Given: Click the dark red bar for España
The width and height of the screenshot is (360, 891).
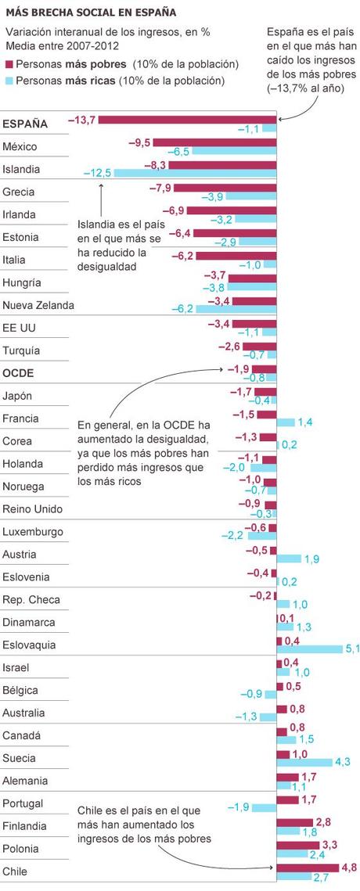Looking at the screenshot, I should [187, 120].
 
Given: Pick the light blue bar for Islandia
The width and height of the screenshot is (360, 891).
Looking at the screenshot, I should [196, 173].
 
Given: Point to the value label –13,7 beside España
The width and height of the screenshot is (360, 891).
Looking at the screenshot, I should [81, 119].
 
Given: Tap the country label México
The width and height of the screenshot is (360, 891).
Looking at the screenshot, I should [20, 146].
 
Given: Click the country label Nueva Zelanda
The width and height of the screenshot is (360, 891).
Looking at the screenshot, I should [38, 305].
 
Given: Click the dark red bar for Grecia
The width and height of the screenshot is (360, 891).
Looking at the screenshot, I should [225, 188].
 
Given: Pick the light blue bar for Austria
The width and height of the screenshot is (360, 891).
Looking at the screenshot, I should [288, 559].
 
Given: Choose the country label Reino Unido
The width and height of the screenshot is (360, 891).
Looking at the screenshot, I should [32, 508].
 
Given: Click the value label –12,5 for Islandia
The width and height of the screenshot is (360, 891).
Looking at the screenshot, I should [99, 173].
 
